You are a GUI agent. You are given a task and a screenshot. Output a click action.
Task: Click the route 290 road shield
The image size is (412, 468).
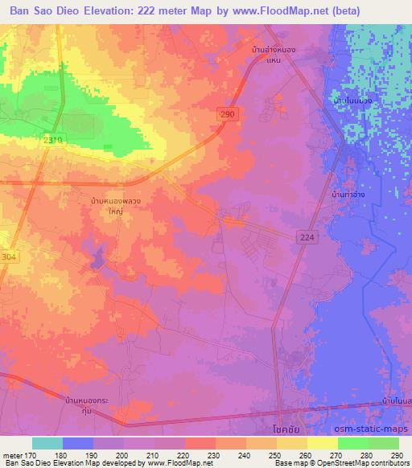229,117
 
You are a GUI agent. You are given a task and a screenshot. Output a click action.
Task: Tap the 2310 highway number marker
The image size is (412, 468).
50,140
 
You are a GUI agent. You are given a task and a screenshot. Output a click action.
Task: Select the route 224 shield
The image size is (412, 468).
305,236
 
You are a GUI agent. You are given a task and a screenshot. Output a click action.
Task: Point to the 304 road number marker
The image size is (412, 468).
6,256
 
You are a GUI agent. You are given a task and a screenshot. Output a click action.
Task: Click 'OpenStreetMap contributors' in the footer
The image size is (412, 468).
364,463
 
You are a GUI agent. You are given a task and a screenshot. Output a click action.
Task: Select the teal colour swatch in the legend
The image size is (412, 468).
47,443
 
